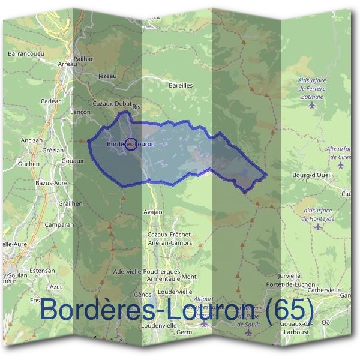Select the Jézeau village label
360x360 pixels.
[x=106, y=76]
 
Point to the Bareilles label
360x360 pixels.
[x=181, y=85]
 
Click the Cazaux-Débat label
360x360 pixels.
[x=108, y=103]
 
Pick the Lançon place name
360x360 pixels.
[x=80, y=112]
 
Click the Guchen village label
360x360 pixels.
[x=28, y=163]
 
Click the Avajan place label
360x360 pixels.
[x=153, y=212]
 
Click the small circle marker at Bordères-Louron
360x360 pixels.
[x=131, y=143]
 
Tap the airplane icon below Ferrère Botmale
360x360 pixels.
[x=311, y=106]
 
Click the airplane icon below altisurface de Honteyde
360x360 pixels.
[x=318, y=227]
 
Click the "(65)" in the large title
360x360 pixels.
[x=290, y=310]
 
